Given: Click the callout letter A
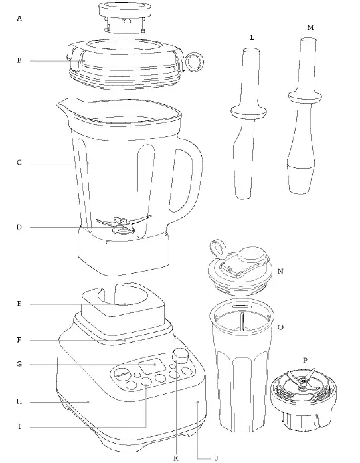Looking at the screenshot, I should (19, 19).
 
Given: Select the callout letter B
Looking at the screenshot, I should (19, 60).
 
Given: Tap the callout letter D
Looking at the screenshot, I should (19, 227).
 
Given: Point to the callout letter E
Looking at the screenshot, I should (19, 304).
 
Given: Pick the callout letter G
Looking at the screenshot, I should (19, 364).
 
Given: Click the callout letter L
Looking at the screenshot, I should (252, 38).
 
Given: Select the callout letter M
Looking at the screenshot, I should (311, 27).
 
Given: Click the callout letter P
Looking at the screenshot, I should (304, 360).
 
